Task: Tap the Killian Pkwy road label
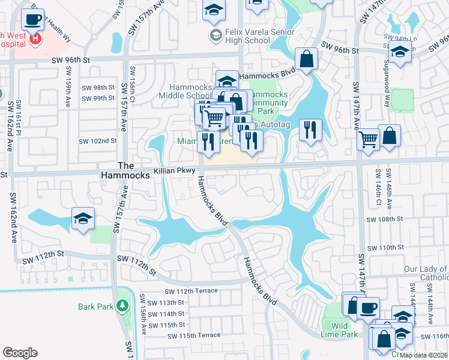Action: pyautogui.click(x=172, y=171)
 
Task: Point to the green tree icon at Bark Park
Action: pyautogui.click(x=122, y=306)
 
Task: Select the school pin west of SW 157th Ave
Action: pyautogui.click(x=83, y=219)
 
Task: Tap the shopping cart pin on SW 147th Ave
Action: pyautogui.click(x=368, y=140)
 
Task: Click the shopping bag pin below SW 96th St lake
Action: pyautogui.click(x=306, y=60)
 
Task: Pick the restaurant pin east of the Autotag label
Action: pyautogui.click(x=310, y=130)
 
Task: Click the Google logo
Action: pyautogui.click(x=20, y=353)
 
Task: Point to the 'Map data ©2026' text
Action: pyautogui.click(x=423, y=355)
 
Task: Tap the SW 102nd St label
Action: pyautogui.click(x=97, y=141)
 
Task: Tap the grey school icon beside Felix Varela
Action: pyautogui.click(x=214, y=35)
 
